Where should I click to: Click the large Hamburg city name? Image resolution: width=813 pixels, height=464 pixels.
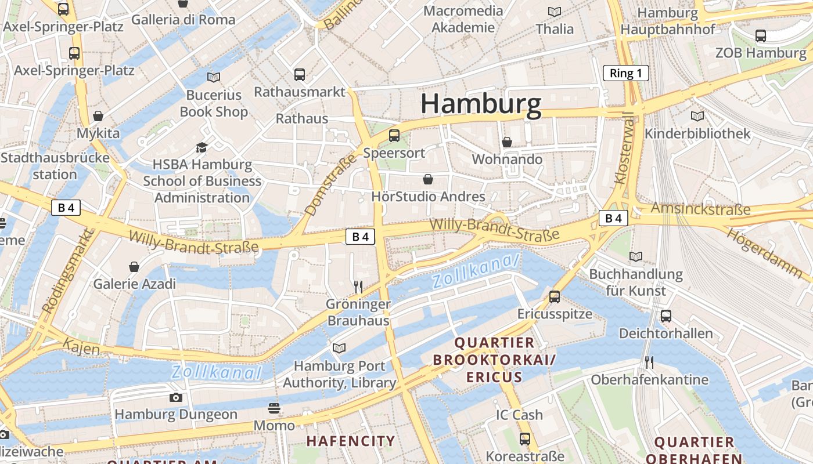click(481, 104)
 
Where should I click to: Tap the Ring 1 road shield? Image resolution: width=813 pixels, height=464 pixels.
click(625, 73)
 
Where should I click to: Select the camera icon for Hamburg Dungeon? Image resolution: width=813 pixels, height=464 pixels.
click(175, 397)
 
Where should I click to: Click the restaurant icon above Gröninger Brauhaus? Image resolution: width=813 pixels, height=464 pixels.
click(358, 287)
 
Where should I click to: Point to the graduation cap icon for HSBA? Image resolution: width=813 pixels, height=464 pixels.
click(202, 147)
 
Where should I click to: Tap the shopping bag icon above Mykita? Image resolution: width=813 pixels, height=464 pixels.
click(98, 116)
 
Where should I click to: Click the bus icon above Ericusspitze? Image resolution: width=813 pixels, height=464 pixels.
click(555, 297)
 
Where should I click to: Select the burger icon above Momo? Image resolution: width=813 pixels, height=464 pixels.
click(274, 408)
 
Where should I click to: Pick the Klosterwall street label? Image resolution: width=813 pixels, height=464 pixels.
click(625, 148)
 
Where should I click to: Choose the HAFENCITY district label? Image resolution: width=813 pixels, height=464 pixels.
click(351, 441)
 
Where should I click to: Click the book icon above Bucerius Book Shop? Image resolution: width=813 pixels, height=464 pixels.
click(214, 77)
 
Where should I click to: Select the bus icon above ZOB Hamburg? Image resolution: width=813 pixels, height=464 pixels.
click(761, 36)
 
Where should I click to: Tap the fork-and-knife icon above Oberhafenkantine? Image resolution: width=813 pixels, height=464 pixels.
click(649, 362)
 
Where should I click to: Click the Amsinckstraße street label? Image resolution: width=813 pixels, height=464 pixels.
click(700, 209)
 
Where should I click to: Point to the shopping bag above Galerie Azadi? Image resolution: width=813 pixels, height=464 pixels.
click(134, 267)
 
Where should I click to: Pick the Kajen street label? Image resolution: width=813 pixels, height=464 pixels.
click(82, 347)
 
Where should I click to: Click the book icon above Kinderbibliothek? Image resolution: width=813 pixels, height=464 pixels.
click(697, 116)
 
